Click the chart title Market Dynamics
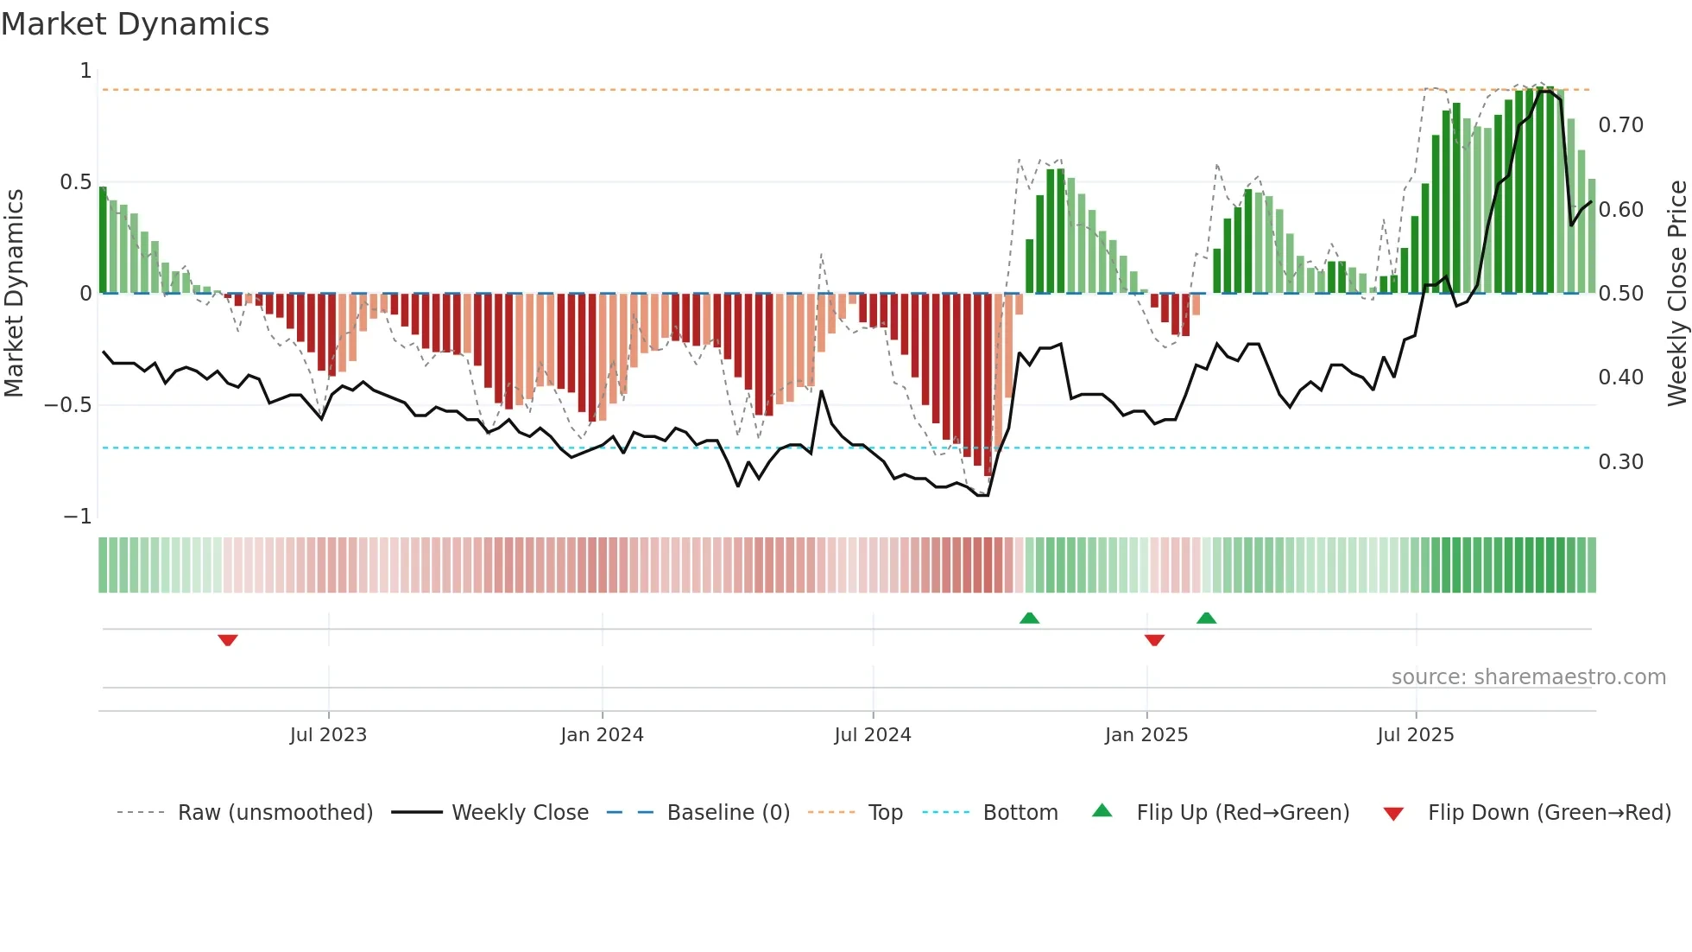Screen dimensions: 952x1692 pyautogui.click(x=135, y=24)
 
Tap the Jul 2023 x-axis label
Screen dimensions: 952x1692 pyautogui.click(x=328, y=735)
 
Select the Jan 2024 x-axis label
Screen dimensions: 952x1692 pyautogui.click(x=602, y=735)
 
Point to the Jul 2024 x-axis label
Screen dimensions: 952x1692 pyautogui.click(x=872, y=735)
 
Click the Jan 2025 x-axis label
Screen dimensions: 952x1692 pyautogui.click(x=1146, y=735)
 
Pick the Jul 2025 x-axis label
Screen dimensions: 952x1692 pyautogui.click(x=1415, y=735)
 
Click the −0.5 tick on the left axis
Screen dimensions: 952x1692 pyautogui.click(x=68, y=405)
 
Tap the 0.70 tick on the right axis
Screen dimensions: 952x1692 pyautogui.click(x=1620, y=125)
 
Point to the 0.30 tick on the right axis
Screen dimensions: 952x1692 pyautogui.click(x=1620, y=462)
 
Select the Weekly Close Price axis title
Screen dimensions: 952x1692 pyautogui.click(x=1676, y=293)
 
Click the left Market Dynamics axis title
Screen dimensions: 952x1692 pyautogui.click(x=14, y=293)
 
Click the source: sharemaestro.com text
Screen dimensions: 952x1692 pyautogui.click(x=1528, y=677)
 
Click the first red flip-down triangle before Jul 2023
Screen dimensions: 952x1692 pyautogui.click(x=228, y=640)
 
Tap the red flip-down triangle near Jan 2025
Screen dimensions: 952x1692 pyautogui.click(x=1154, y=640)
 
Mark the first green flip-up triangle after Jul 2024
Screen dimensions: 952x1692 pyautogui.click(x=1029, y=618)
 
